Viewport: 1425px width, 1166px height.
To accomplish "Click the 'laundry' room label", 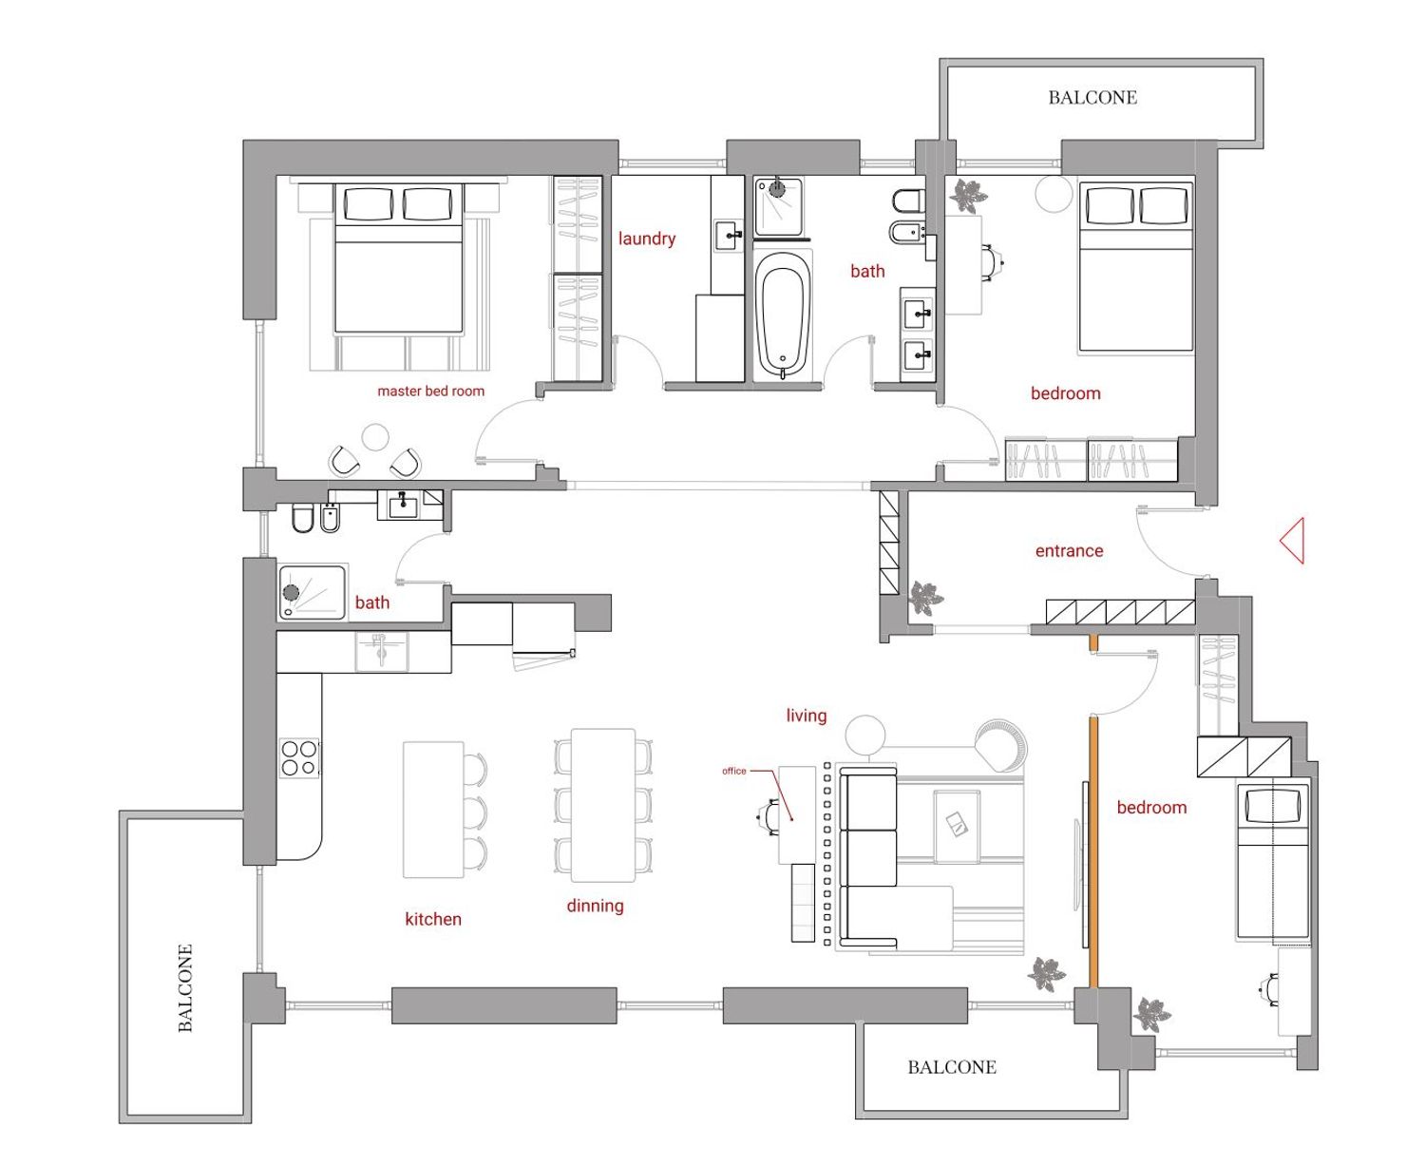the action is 646,239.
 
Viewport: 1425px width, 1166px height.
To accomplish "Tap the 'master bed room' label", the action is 430,391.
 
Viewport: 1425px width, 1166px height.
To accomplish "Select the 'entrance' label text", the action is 1069,551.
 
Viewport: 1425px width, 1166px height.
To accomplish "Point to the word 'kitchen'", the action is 433,919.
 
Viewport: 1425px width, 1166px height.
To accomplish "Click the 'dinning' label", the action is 595,906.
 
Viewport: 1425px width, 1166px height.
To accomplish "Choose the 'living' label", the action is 807,716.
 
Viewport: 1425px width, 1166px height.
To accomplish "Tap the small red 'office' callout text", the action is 733,771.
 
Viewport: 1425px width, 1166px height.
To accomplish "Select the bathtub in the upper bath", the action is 783,315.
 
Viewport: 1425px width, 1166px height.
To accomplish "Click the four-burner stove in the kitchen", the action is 299,757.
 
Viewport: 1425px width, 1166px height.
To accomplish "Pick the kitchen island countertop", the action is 433,809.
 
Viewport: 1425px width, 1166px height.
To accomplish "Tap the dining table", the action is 602,805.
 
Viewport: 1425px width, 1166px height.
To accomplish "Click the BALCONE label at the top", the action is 1092,97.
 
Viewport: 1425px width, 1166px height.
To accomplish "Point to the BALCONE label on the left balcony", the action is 185,987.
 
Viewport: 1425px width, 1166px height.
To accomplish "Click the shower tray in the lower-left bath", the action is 312,592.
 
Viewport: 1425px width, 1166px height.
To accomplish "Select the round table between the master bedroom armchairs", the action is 375,437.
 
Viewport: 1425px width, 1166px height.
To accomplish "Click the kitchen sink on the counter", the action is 382,652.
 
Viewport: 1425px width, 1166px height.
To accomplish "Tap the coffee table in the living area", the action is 957,827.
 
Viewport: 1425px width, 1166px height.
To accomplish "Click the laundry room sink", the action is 729,236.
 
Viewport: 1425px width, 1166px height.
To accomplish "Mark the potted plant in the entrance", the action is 924,598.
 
